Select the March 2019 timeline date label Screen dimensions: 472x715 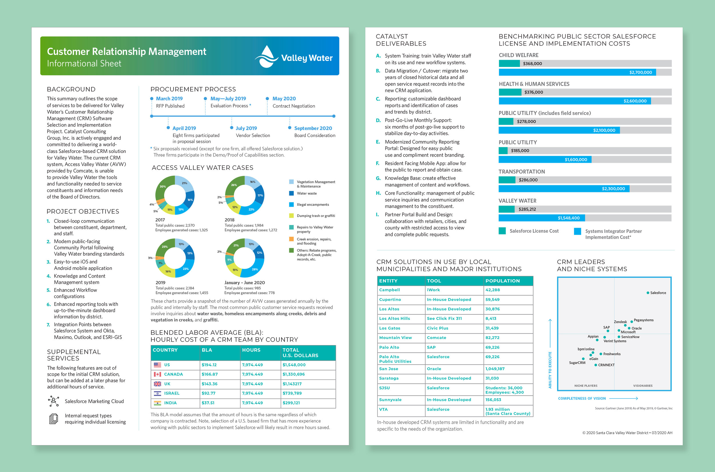tap(169, 98)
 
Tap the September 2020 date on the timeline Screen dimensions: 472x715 tap(313, 128)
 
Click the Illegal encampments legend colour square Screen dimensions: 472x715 tap(291, 205)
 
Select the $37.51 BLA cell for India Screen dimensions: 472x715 tap(208, 403)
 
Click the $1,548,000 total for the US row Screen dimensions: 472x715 tap(294, 365)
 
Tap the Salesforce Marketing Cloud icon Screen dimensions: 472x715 tap(53, 401)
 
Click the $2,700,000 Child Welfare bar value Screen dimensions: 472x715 tap(640, 72)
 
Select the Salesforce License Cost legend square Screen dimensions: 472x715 tap(502, 231)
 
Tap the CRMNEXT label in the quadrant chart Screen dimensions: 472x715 tap(606, 365)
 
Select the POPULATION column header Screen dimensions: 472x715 tap(502, 281)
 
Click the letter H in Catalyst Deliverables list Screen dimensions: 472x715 tap(378, 193)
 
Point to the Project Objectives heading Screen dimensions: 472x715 tap(83, 212)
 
